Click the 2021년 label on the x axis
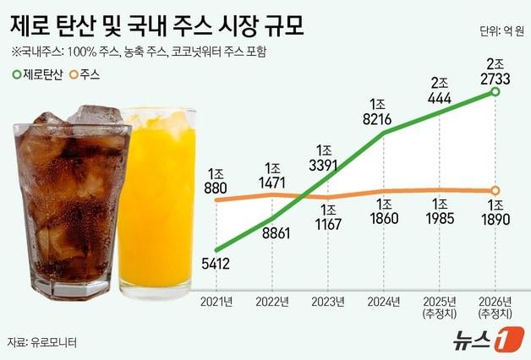216,300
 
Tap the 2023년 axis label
328,300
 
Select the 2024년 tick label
384,300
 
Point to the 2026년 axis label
495,300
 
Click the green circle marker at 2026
495,92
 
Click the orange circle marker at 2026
495,190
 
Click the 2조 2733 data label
495,71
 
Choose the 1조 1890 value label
495,214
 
